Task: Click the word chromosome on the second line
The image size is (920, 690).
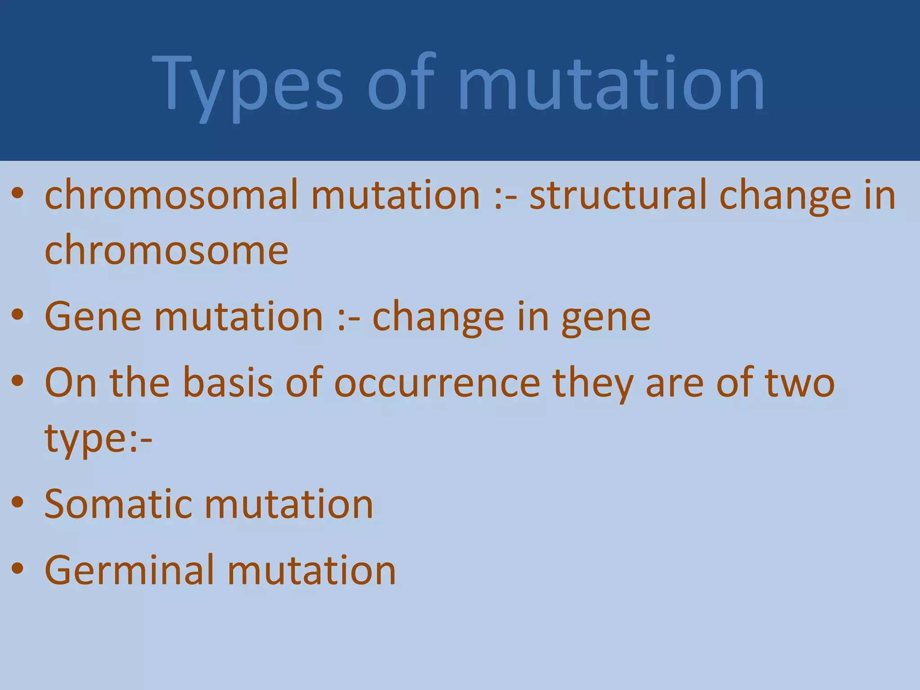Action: pos(166,250)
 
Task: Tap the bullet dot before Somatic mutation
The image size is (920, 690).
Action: pos(18,503)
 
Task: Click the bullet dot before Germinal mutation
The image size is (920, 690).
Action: pos(18,569)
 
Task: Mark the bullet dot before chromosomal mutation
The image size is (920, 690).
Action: pos(18,195)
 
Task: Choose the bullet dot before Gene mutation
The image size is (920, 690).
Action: pos(18,316)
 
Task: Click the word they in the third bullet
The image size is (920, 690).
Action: pos(592,384)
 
